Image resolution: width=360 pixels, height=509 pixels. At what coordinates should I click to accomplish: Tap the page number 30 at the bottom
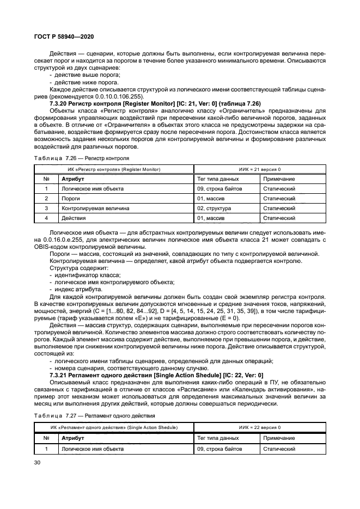37,462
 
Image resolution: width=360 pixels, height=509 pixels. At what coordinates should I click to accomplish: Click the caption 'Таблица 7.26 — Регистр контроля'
82,158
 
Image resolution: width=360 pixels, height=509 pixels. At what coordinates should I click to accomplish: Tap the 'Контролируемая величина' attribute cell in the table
95,208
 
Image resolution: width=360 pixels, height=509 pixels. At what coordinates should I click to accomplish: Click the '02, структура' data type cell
214,208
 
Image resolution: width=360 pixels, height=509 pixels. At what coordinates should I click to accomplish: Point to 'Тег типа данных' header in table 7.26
217,179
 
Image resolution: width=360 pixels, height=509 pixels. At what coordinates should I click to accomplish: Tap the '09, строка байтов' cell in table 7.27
219,449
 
